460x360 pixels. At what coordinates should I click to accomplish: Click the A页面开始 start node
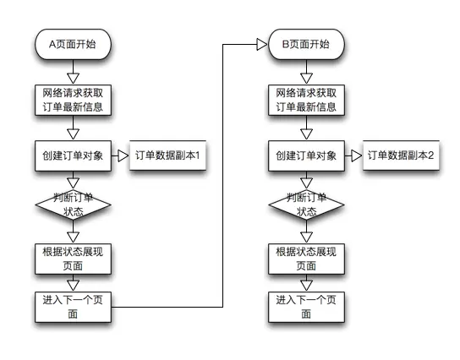point(73,44)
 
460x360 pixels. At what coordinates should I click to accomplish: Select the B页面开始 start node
point(306,44)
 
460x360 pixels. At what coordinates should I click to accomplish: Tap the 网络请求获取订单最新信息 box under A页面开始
point(73,100)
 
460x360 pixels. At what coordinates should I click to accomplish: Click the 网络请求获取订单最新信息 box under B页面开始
point(306,100)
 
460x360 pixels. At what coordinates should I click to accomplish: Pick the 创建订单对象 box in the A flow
point(73,155)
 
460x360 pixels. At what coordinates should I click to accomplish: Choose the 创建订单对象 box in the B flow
point(306,155)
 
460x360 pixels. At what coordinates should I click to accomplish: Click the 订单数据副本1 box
point(167,156)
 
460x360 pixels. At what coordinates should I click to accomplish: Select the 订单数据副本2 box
point(400,156)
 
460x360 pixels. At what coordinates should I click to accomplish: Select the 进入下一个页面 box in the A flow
point(73,306)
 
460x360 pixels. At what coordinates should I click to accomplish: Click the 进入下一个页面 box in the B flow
point(306,306)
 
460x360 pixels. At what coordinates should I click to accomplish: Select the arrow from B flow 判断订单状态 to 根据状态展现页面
point(306,234)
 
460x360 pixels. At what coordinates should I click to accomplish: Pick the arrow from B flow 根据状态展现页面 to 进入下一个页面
point(306,283)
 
